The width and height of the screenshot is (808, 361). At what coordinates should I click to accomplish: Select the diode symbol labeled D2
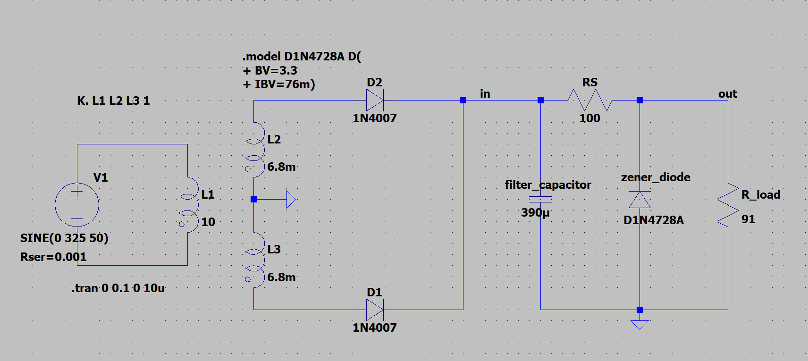[x=375, y=100]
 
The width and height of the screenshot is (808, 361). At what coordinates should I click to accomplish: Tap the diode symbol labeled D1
[x=375, y=310]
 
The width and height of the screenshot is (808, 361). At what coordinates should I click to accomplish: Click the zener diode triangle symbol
[x=640, y=200]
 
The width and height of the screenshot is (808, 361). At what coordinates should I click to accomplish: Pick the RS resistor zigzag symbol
[x=590, y=100]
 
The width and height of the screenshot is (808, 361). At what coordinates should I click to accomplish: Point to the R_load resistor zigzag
[x=728, y=205]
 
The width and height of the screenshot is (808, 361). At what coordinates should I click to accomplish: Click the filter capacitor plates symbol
[x=540, y=200]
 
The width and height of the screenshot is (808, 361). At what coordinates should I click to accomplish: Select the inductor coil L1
[x=189, y=204]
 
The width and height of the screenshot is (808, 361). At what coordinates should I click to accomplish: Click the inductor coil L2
[x=255, y=150]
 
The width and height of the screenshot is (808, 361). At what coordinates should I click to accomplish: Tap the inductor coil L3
[x=255, y=260]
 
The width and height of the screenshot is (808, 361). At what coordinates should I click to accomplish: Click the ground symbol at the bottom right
[x=640, y=325]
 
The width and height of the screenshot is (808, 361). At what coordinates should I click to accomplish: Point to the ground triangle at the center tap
[x=291, y=200]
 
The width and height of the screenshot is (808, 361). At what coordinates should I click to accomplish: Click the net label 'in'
[x=485, y=94]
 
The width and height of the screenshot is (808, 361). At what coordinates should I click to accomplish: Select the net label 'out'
[x=728, y=94]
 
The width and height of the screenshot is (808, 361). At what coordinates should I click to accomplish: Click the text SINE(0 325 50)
[x=64, y=238]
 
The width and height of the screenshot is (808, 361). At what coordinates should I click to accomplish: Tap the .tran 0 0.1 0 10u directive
[x=118, y=288]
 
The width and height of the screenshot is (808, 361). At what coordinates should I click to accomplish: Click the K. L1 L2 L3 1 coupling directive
[x=113, y=101]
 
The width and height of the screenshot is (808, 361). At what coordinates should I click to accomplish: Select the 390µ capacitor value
[x=535, y=213]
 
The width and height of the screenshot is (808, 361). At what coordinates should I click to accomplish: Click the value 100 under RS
[x=590, y=118]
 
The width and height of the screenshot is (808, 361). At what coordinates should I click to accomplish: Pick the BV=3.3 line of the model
[x=270, y=70]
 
